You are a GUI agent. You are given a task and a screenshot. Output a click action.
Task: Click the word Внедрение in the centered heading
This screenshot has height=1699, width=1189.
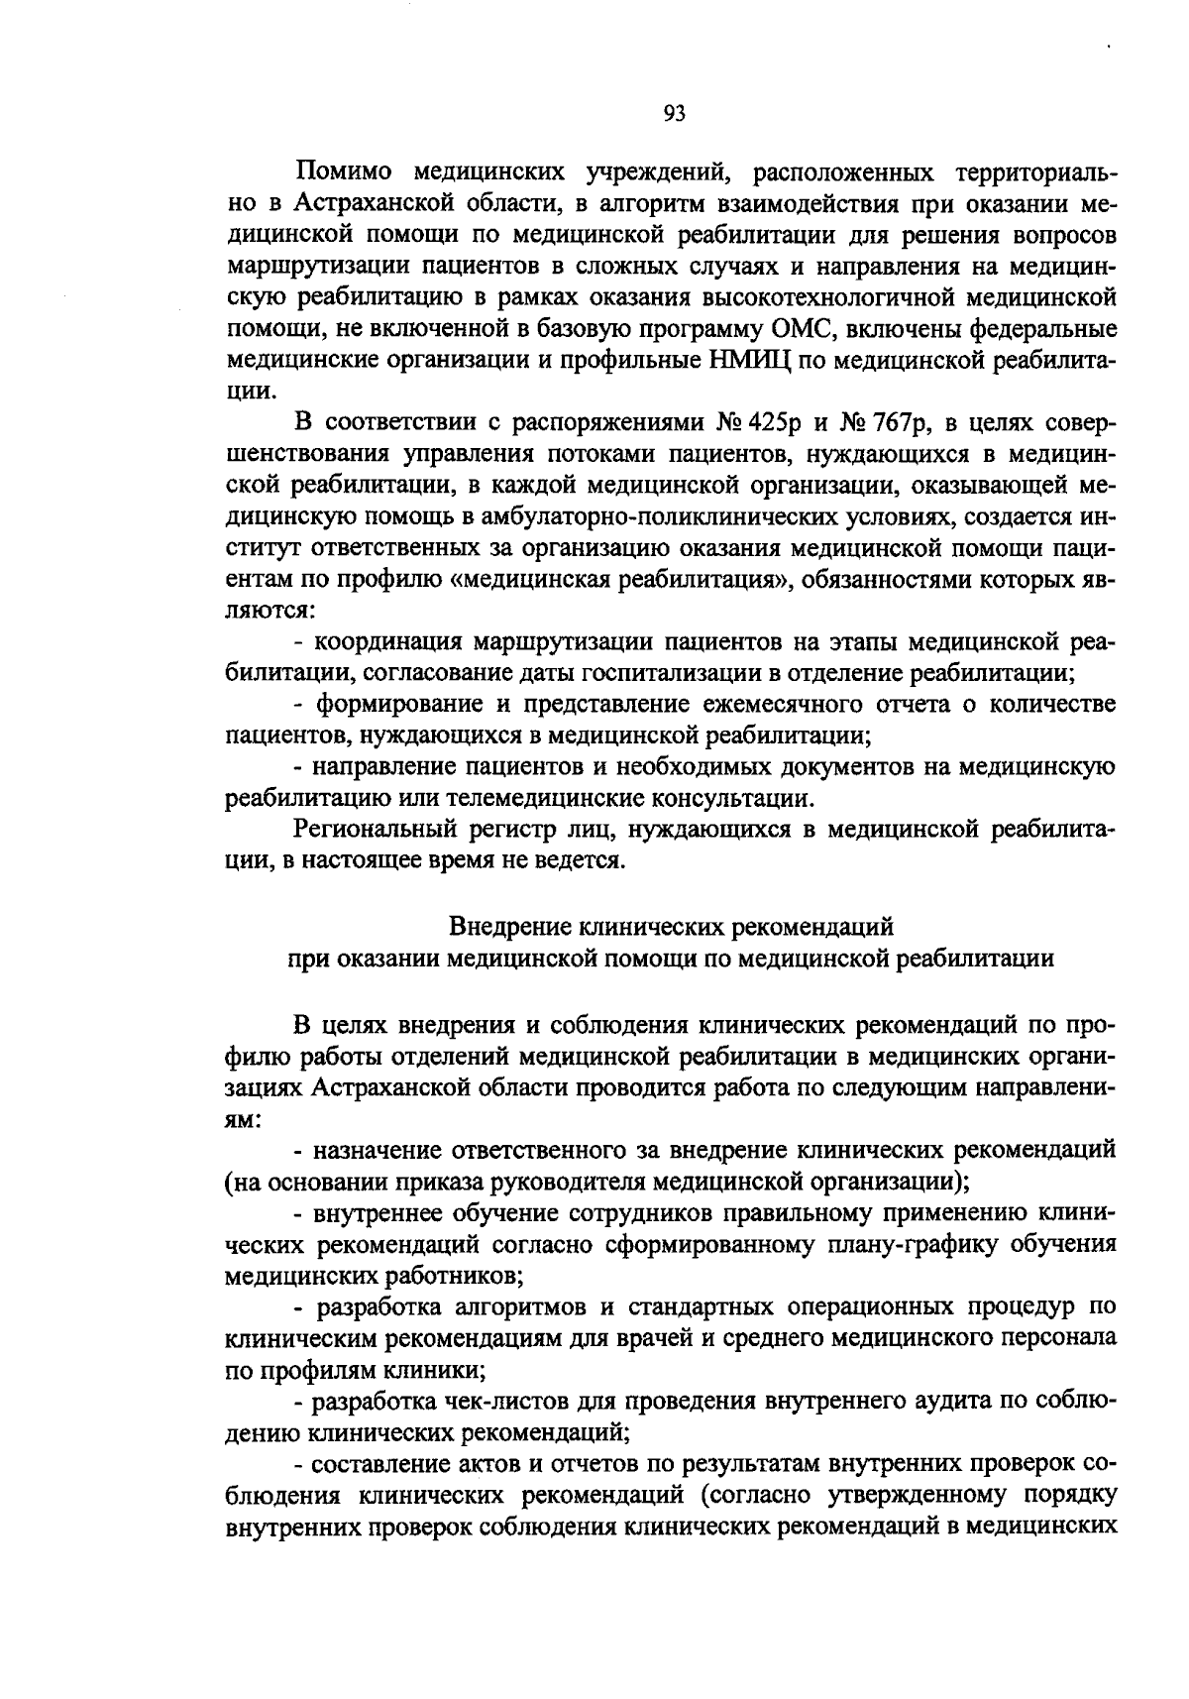click(x=508, y=927)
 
